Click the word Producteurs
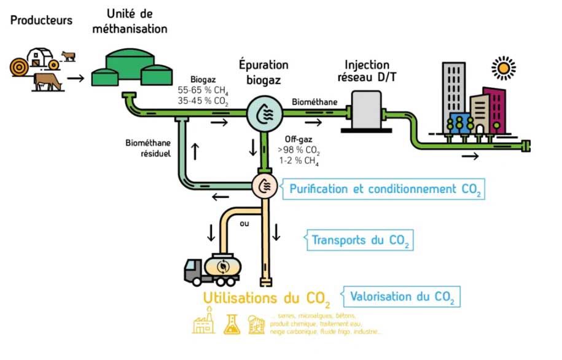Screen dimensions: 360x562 click(41, 20)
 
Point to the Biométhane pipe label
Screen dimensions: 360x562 click(314, 101)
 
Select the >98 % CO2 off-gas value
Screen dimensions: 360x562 click(299, 151)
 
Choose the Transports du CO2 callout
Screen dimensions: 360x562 click(360, 240)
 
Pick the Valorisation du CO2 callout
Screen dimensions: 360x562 click(402, 297)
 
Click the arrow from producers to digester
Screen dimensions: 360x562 click(76, 78)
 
